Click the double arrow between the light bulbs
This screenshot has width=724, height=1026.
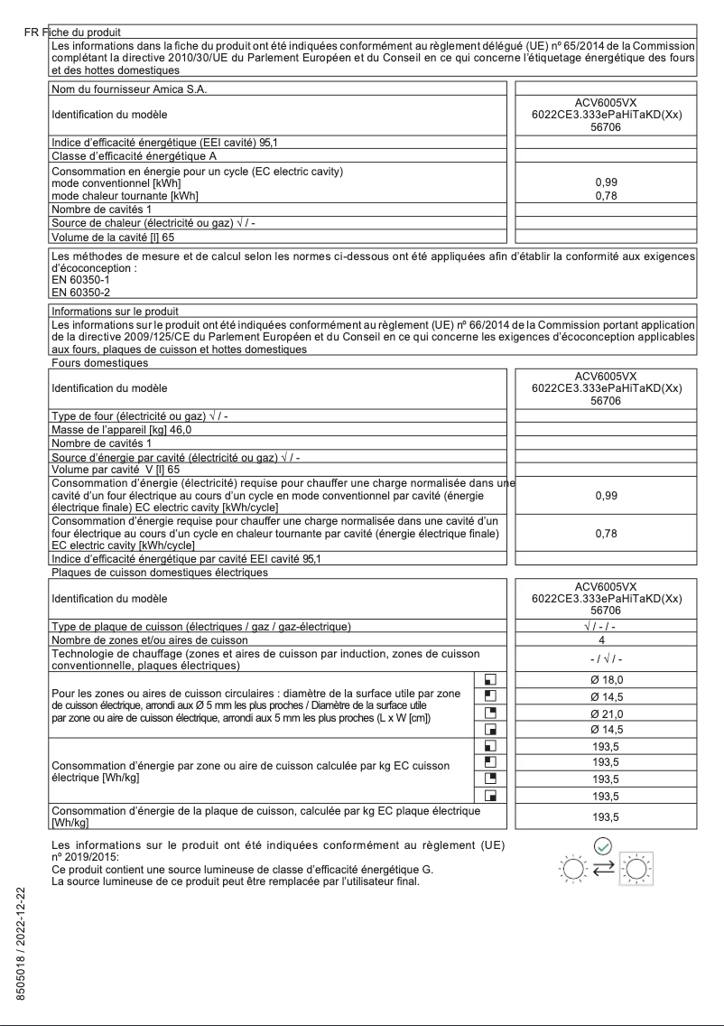click(605, 866)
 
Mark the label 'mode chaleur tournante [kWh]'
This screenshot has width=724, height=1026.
click(125, 195)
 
